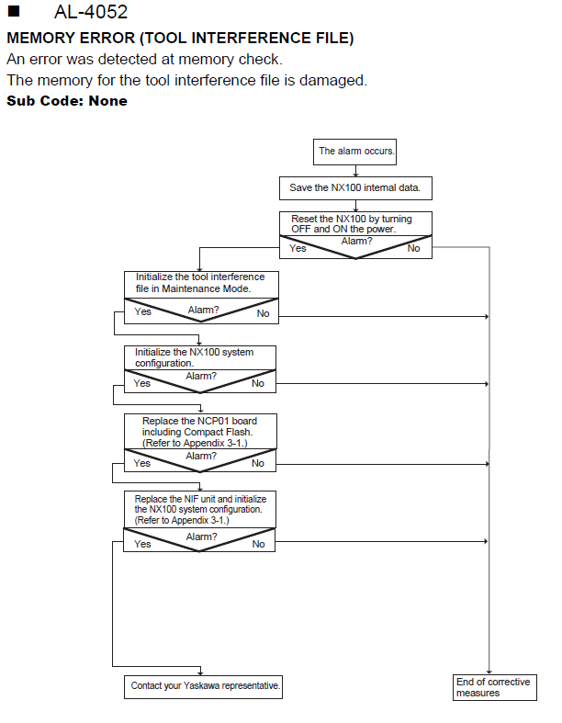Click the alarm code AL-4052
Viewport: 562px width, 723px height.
click(91, 12)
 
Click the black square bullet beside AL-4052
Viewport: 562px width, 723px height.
click(14, 11)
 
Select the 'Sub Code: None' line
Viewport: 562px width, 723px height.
click(67, 100)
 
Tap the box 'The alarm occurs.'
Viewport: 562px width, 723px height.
click(354, 152)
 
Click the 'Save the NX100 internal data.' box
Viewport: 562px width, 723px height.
click(355, 188)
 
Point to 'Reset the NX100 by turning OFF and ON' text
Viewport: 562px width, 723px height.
click(352, 223)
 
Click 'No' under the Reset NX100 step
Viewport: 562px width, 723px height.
click(413, 249)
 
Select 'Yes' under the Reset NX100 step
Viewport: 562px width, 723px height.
click(298, 248)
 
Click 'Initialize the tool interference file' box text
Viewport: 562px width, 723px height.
click(200, 283)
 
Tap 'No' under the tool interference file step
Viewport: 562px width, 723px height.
click(263, 313)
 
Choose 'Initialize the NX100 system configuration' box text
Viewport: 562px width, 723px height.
click(194, 357)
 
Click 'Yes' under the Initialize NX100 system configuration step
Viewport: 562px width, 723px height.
click(142, 383)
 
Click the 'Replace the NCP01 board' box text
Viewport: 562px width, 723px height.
click(199, 432)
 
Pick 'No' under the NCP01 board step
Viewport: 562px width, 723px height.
click(258, 463)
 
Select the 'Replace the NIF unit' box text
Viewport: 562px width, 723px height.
click(200, 510)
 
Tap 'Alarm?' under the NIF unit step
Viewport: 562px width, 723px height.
click(201, 537)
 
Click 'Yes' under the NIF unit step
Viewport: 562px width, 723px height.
click(142, 544)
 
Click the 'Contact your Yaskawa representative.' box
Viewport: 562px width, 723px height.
click(203, 687)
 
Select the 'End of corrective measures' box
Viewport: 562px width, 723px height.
click(495, 687)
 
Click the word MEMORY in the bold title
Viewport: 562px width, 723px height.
click(39, 38)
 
